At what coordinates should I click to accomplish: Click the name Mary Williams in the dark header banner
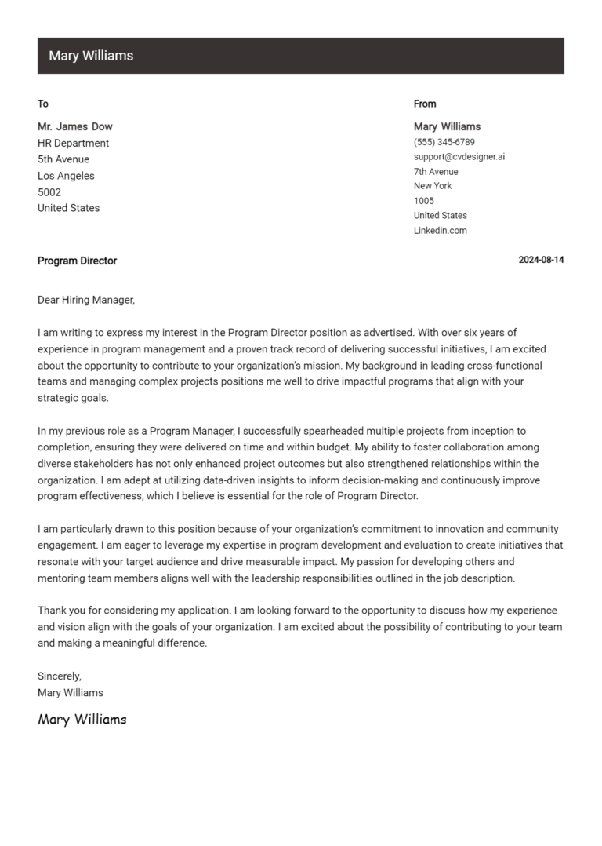[91, 56]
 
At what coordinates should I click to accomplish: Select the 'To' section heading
[43, 104]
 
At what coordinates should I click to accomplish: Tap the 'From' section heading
[425, 104]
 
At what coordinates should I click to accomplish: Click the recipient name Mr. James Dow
[75, 126]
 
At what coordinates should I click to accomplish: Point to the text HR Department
[74, 143]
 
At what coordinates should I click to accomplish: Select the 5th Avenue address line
[63, 159]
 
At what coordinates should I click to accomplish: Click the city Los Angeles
[66, 176]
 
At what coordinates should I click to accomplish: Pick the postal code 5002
[49, 192]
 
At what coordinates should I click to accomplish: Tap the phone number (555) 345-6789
[444, 142]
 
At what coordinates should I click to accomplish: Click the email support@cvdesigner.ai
[459, 157]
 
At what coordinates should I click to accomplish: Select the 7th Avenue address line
[436, 172]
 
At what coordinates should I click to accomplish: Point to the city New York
[433, 186]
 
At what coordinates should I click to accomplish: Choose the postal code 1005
[424, 201]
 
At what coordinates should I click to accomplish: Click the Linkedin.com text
[441, 231]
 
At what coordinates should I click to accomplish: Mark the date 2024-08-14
[541, 261]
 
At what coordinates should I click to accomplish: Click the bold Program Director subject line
[77, 261]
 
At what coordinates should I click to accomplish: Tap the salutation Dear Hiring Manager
[86, 300]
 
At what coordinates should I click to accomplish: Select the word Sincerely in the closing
[60, 676]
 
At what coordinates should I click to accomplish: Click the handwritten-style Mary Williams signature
[82, 719]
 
